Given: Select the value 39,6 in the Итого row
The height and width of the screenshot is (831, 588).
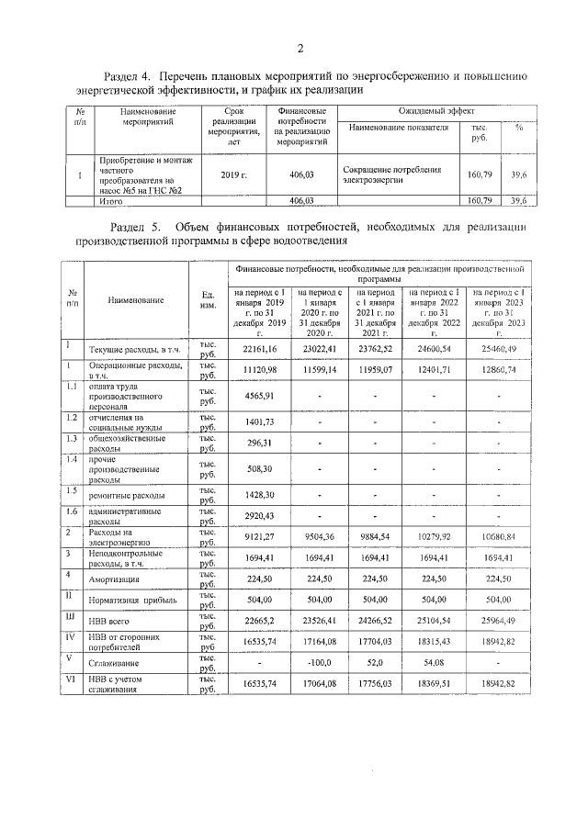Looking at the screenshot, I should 518,200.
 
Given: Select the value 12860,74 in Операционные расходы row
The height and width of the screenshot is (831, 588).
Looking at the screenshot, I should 498,368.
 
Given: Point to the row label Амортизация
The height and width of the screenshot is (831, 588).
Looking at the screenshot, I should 114,580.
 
